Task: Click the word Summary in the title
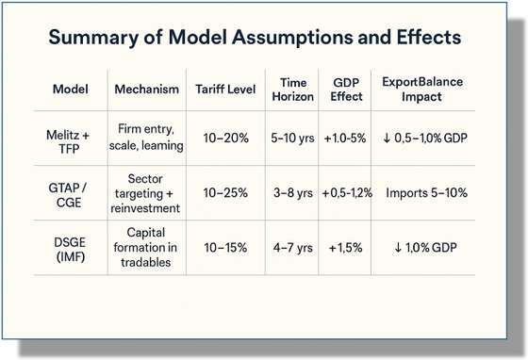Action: (x=93, y=38)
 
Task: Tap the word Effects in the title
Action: (x=429, y=37)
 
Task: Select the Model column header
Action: (x=71, y=90)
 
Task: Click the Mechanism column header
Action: (x=146, y=90)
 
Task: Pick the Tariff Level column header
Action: (x=225, y=90)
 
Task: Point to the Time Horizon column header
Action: (x=292, y=90)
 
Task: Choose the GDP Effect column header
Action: (x=346, y=90)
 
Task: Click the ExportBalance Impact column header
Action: (x=422, y=90)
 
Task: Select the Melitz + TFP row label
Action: (x=68, y=141)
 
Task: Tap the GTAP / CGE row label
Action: (x=68, y=195)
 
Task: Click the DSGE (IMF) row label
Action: (x=70, y=250)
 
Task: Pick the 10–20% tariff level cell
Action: (x=225, y=138)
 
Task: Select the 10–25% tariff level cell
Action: (x=225, y=193)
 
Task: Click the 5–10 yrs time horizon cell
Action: (x=292, y=138)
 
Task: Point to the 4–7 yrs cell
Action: (x=293, y=248)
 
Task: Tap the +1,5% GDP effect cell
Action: (x=345, y=248)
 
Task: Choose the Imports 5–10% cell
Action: (x=426, y=193)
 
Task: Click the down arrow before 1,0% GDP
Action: (x=398, y=248)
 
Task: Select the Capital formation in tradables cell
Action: (x=145, y=248)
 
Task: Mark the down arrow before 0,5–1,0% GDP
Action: (x=387, y=138)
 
